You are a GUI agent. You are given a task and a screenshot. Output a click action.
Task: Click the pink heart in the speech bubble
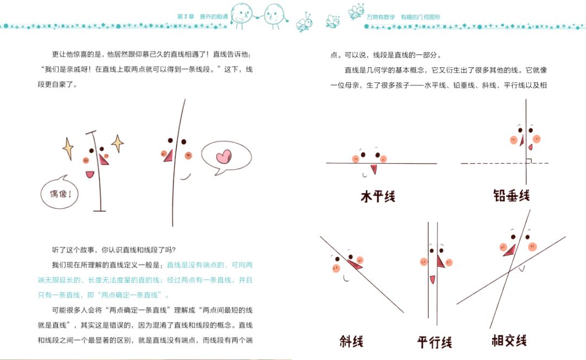pos(224,157)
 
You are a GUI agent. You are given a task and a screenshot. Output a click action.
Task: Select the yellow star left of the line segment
pos(68,149)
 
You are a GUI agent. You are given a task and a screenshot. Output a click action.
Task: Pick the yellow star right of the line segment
pos(118,143)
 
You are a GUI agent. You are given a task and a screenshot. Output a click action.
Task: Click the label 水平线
pos(378,196)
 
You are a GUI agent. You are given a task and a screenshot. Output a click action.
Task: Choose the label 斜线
pos(351,341)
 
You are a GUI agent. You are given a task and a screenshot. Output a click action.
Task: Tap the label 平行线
pos(435,342)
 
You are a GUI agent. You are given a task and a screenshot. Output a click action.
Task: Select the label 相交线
pos(509,340)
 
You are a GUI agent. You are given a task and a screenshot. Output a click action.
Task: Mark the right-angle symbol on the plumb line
pos(529,161)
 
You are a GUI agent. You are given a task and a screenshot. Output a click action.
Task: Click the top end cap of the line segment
pos(91,132)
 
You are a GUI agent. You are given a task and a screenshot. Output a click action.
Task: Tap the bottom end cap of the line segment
pos(99,211)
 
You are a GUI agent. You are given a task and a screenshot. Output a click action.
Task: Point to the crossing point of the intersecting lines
pos(509,272)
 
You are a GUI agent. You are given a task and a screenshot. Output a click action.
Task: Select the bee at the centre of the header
pos(304,22)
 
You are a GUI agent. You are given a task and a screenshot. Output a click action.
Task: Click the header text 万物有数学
pos(380,17)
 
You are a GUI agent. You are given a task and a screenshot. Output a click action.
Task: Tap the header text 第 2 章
pos(186,17)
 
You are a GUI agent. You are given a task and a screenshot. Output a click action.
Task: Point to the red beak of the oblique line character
pos(355,264)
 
